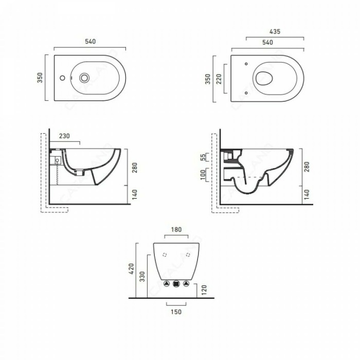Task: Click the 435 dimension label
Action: pos(275,31)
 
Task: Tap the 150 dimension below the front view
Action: pos(176,311)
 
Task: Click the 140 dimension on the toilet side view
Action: pos(308,194)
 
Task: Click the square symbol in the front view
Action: pos(176,283)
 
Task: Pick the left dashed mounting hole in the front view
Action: pos(165,255)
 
